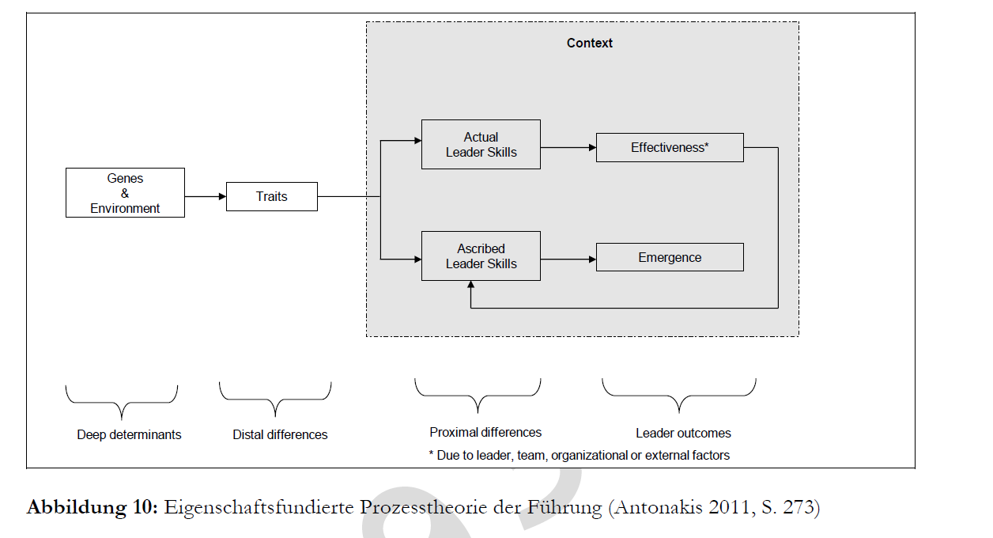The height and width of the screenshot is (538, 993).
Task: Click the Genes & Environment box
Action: tap(125, 192)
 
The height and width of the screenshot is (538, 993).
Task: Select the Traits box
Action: tap(272, 196)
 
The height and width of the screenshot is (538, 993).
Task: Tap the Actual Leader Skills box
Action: tap(481, 144)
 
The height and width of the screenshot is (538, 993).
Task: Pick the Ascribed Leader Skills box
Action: tap(481, 256)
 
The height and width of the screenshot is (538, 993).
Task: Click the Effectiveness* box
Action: tap(670, 147)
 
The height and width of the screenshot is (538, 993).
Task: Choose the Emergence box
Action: tap(670, 257)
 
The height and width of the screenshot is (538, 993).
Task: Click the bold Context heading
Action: tap(589, 43)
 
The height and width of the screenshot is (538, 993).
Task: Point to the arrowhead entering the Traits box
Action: tap(222, 196)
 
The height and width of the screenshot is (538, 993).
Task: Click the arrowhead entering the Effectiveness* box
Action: tap(592, 147)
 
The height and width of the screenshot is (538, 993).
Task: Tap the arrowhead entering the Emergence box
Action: tap(592, 259)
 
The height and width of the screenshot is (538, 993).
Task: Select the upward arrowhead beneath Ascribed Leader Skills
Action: tap(470, 284)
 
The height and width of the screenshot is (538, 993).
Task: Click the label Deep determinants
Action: tap(129, 434)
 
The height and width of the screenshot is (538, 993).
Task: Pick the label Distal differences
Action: tap(280, 434)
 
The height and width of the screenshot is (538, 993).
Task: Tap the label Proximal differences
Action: tap(485, 433)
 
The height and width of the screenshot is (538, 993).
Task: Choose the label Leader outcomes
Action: tap(683, 433)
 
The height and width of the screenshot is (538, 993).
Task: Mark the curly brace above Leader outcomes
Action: tap(679, 396)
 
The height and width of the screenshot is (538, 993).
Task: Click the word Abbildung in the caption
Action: tap(76, 507)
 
